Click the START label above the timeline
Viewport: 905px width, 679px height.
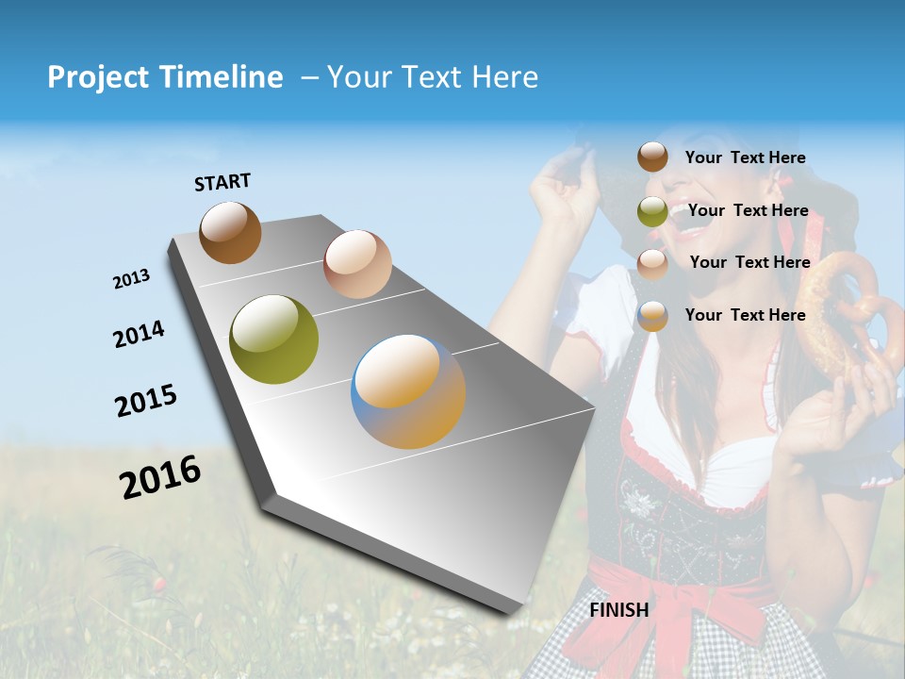point(222,182)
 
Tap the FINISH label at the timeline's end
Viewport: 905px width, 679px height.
point(619,610)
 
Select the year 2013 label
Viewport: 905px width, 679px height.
point(131,279)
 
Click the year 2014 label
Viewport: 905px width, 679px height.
point(139,334)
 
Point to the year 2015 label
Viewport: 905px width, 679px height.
point(145,401)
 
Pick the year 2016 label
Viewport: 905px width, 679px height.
point(160,476)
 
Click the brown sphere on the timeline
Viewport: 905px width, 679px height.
point(230,232)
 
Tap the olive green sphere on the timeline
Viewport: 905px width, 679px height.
point(274,339)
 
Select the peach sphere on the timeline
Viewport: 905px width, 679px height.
point(357,264)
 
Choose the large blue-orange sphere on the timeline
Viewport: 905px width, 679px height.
point(408,391)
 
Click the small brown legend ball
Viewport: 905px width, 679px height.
point(652,157)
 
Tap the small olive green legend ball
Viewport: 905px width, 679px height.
point(652,211)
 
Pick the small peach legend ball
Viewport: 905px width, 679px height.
point(652,263)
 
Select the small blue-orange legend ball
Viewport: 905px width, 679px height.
point(652,316)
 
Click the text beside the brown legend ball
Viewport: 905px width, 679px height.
point(745,157)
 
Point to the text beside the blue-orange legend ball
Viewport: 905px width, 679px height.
point(745,315)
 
